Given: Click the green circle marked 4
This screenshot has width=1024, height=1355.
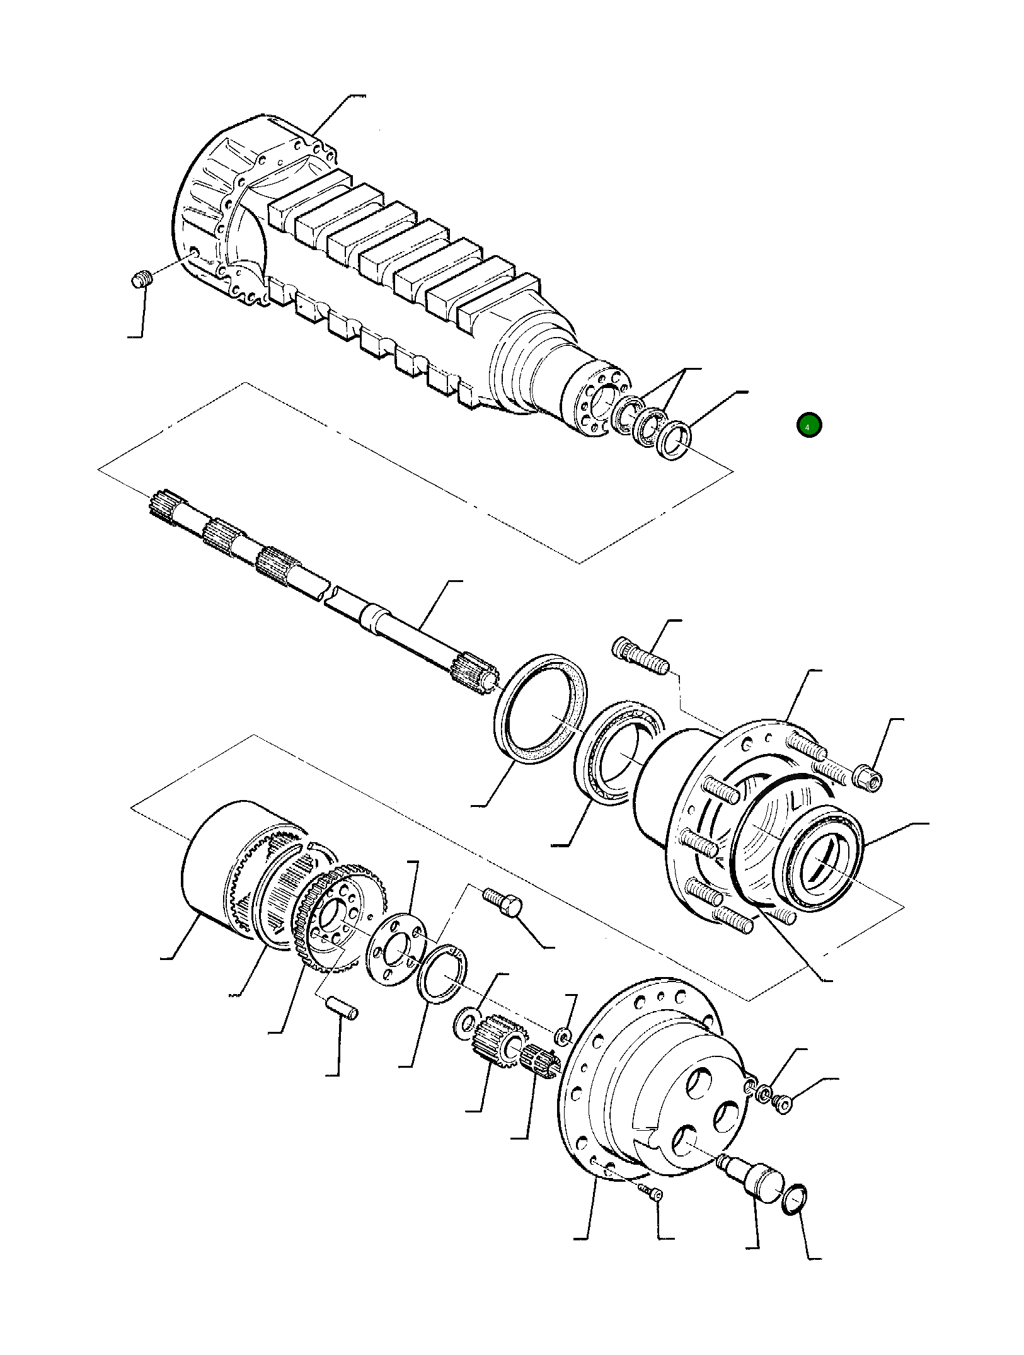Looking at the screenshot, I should (808, 425).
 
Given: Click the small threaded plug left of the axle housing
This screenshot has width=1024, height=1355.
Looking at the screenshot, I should (143, 278).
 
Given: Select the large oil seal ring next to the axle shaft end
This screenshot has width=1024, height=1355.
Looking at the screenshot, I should (541, 708).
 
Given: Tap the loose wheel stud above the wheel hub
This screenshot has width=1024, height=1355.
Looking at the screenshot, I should (639, 656).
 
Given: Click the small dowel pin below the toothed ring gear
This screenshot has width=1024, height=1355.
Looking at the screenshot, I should (342, 1007).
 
